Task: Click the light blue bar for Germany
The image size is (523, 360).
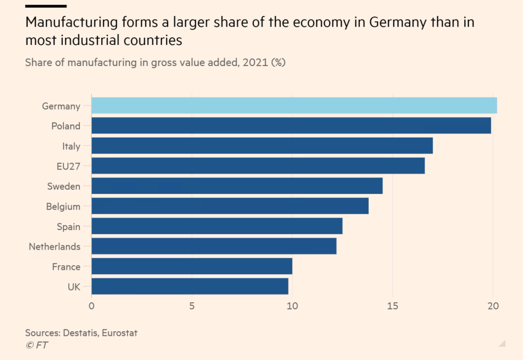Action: pos(294,105)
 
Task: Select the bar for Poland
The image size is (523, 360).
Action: pos(291,126)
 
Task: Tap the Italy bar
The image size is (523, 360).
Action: pos(262,146)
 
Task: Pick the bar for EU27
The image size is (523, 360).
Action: pos(258,166)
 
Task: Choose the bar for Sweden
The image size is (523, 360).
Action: pos(237,186)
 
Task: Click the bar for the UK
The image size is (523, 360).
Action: pos(190,286)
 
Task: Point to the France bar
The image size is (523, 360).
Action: pos(192,266)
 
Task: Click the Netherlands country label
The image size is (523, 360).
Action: pos(55,246)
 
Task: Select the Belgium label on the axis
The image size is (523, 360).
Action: pos(63,207)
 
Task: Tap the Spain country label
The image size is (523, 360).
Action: pos(69,227)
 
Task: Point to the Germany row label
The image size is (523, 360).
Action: pos(61,106)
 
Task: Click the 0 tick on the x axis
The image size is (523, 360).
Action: pos(92,306)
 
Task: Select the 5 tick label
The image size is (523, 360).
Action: pos(192,306)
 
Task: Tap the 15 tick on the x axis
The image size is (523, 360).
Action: pos(392,306)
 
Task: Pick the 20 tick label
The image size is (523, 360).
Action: pos(493,306)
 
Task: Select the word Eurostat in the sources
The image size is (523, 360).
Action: pos(119,333)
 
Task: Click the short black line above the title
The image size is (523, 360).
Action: pos(46,6)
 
